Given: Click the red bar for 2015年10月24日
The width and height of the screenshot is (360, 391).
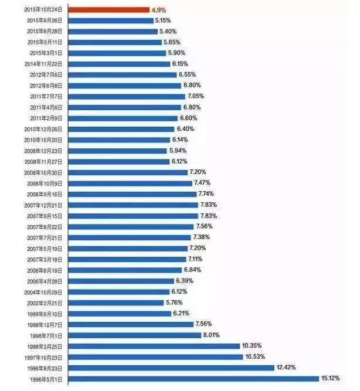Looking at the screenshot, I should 109,9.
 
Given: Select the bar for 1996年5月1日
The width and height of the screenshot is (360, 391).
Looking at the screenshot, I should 194,379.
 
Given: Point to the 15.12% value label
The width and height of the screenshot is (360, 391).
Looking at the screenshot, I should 330,379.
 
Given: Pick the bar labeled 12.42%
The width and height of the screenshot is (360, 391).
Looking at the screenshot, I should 172,368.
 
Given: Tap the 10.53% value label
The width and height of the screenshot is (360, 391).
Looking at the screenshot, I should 256,356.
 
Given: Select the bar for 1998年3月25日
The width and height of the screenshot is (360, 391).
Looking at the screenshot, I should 155,346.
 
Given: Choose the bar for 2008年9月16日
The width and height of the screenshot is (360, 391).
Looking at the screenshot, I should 133,193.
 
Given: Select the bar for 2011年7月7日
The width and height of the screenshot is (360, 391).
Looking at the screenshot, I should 127,96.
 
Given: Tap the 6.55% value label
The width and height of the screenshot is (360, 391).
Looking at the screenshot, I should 189,74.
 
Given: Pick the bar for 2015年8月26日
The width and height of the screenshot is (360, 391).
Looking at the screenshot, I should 111,20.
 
